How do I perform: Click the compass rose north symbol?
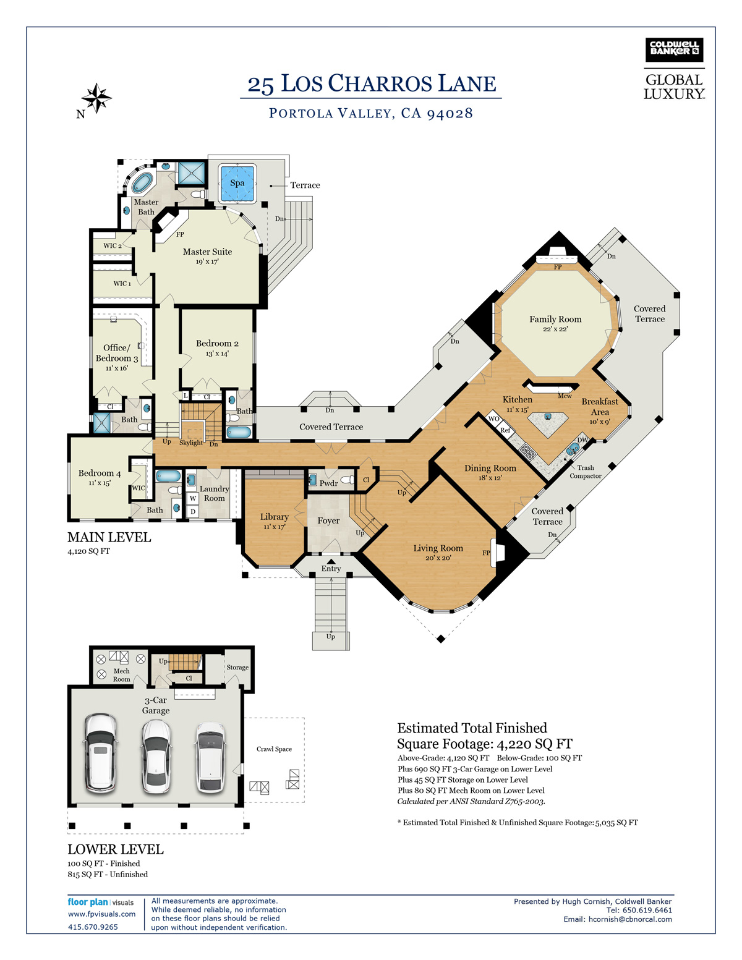point(96,98)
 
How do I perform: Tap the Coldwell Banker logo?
point(674,50)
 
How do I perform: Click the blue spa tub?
point(237,183)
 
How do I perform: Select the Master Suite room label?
point(207,252)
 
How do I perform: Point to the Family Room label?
point(555,319)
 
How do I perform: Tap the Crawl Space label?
point(274,749)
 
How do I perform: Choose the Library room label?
point(275,517)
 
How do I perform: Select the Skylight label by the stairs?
point(191,443)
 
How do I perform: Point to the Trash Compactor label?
point(586,472)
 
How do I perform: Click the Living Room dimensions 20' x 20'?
point(438,558)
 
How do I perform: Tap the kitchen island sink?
point(548,416)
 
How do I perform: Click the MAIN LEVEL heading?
point(109,537)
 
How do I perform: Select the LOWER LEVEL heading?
point(116,849)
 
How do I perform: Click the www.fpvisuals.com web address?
point(101,914)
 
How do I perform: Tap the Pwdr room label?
point(329,483)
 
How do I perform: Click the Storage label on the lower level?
point(237,668)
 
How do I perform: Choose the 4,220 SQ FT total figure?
point(535,744)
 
